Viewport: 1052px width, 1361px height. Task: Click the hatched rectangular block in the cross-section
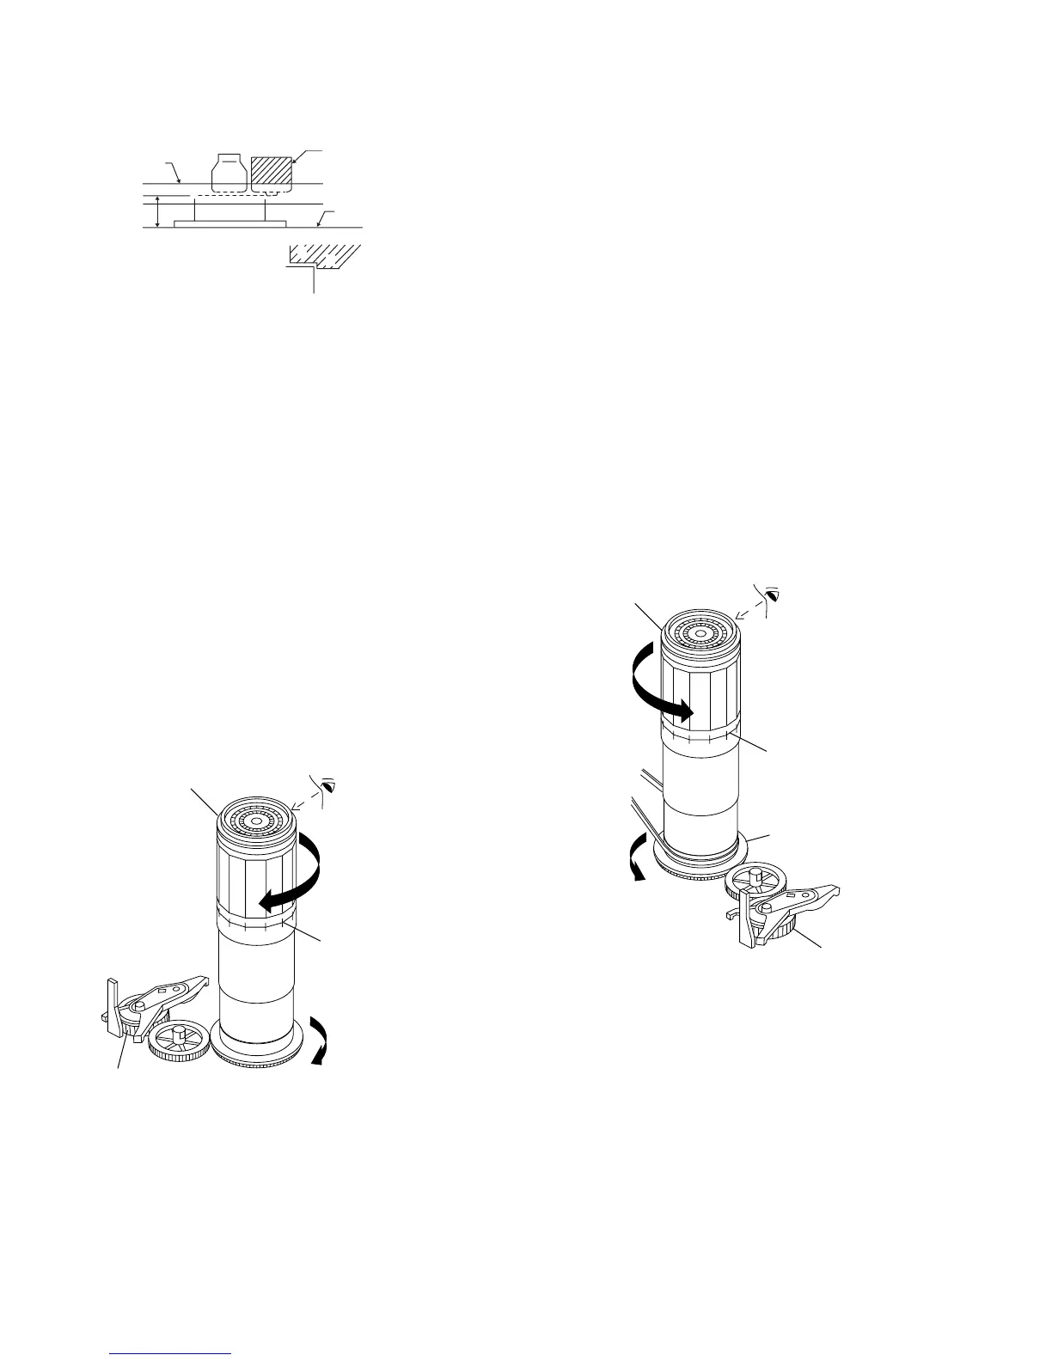coord(271,174)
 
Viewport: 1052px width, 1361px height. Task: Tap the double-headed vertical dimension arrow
coord(156,212)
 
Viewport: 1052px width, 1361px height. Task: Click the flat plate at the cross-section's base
coord(230,223)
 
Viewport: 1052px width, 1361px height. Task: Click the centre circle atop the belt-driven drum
coord(700,634)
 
